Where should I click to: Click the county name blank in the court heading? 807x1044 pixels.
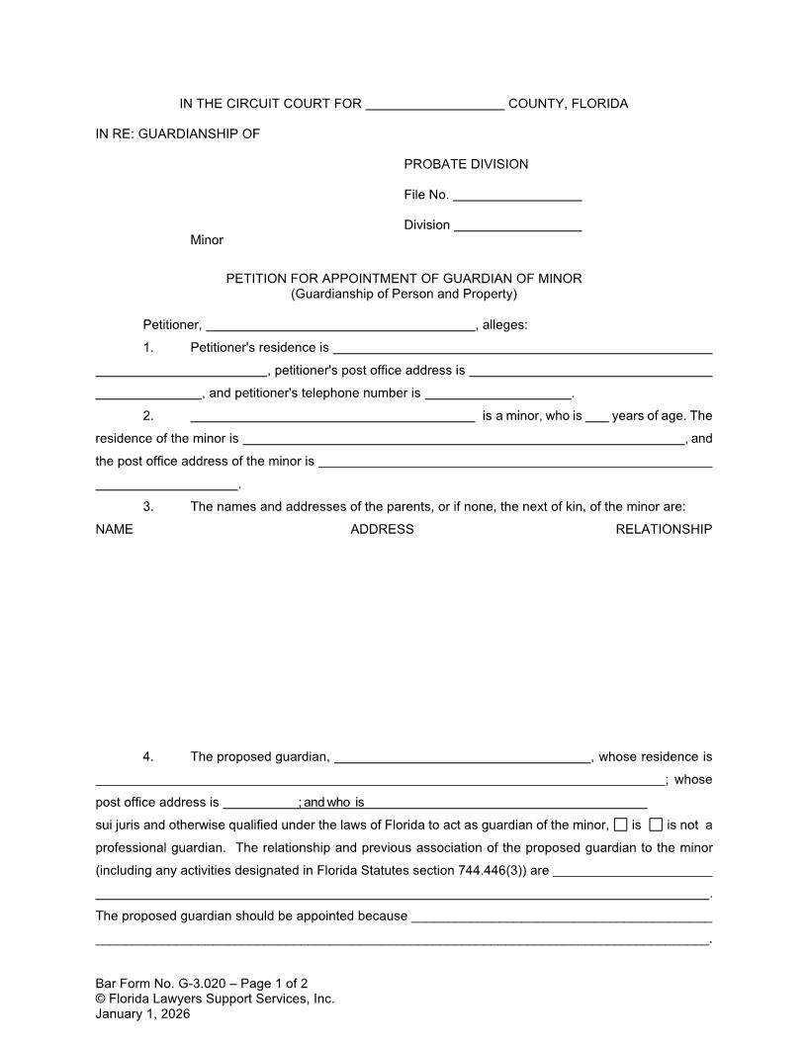pos(434,106)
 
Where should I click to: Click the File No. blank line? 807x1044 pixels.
pos(516,196)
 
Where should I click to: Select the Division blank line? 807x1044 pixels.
pos(517,226)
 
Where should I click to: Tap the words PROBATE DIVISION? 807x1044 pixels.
pos(466,164)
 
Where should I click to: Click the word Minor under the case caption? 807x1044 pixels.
pos(207,240)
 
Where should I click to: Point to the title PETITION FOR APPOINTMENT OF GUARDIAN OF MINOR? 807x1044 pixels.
pos(403,279)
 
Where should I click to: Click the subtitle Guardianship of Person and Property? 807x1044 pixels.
pos(403,294)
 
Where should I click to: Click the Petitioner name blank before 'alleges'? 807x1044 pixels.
pos(340,325)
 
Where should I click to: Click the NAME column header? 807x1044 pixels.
pos(114,530)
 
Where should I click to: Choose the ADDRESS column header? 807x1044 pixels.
pos(382,530)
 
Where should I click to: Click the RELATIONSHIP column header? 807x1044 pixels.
pos(664,530)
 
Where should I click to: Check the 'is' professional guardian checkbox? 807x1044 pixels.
pos(620,826)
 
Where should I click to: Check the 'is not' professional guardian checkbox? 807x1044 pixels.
pos(656,826)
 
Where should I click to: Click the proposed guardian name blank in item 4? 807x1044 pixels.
pos(462,758)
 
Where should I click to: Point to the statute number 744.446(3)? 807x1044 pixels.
pos(497,872)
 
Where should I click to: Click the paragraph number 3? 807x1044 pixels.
pos(148,507)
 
